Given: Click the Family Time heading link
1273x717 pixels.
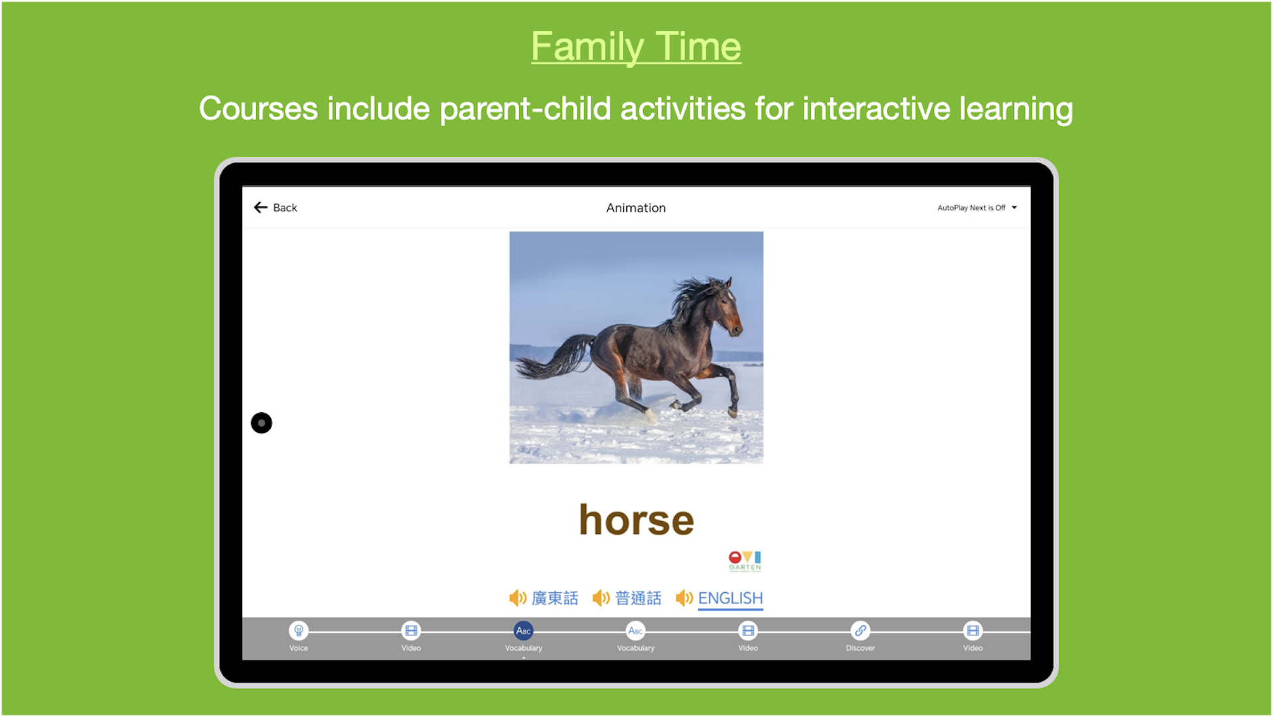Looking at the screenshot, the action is coord(636,46).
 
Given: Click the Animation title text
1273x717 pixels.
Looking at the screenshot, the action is coord(636,208).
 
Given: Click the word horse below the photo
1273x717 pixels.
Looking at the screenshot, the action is coord(636,520).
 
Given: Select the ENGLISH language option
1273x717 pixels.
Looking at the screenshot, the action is coord(730,598).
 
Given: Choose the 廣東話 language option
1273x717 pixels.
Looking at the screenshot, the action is coord(555,598).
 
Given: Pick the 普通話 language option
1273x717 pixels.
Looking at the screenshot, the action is coord(638,598).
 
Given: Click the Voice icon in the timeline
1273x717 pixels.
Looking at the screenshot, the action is coord(299,631).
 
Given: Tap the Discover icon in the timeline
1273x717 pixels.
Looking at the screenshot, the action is coord(860,631).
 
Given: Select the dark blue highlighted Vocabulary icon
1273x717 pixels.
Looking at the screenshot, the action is coord(524,631).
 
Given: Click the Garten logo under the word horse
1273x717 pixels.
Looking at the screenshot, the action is coord(745,561).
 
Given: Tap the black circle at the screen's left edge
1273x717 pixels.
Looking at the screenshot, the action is coord(262,423).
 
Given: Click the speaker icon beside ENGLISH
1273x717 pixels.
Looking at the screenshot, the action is coord(684,598).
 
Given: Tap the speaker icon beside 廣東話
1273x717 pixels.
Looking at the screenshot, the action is coord(518,598).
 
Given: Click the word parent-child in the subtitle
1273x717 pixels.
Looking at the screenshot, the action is coord(525,109).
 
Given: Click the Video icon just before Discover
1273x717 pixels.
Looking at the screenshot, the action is coord(748,631).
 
